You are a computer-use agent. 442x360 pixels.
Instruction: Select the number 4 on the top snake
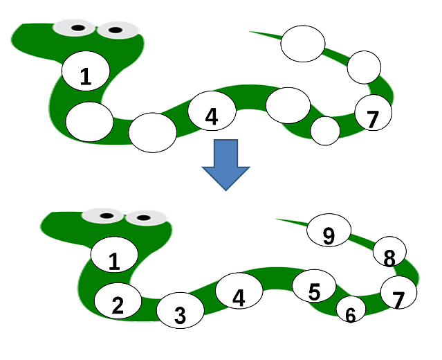point(212,115)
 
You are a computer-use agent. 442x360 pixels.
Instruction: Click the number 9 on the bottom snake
point(329,235)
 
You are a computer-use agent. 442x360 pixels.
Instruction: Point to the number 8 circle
point(389,256)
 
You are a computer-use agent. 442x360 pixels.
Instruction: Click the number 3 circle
point(180,314)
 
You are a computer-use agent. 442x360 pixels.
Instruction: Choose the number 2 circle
point(118,305)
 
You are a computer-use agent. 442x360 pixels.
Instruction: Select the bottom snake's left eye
point(106,216)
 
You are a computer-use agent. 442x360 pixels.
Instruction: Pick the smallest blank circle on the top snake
point(325,130)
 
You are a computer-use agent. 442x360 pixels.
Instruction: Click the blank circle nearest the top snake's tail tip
point(302,43)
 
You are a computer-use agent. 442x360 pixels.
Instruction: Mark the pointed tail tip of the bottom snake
point(277,219)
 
